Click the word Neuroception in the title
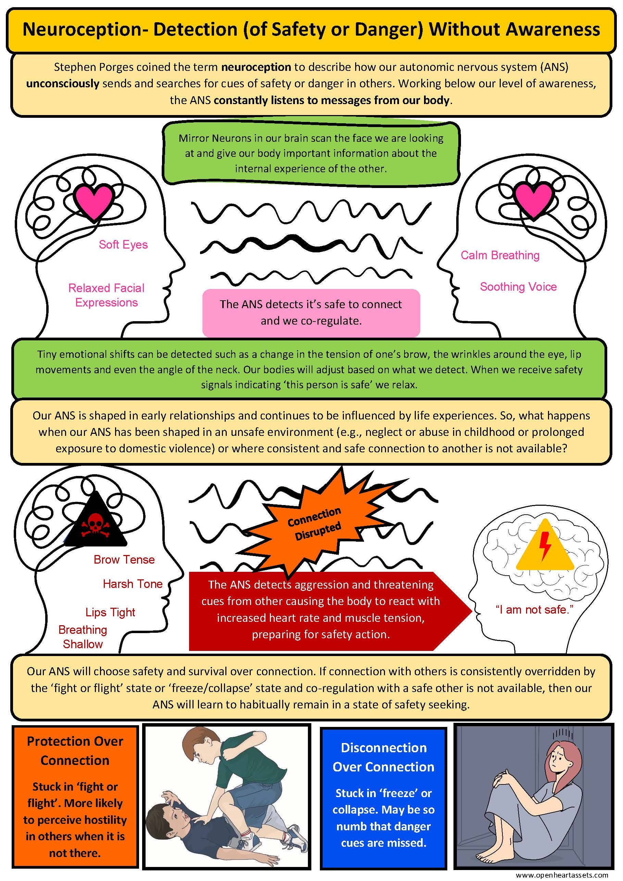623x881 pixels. click(x=82, y=30)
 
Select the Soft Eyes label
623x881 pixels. click(x=123, y=245)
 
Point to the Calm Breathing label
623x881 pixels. click(x=500, y=255)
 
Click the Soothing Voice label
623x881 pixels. click(x=518, y=287)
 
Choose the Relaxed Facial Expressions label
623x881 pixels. click(x=106, y=295)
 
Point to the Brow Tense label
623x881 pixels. click(x=124, y=559)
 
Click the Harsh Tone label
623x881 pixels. click(x=133, y=584)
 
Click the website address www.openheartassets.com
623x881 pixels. click(x=562, y=875)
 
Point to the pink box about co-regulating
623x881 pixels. click(x=311, y=312)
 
